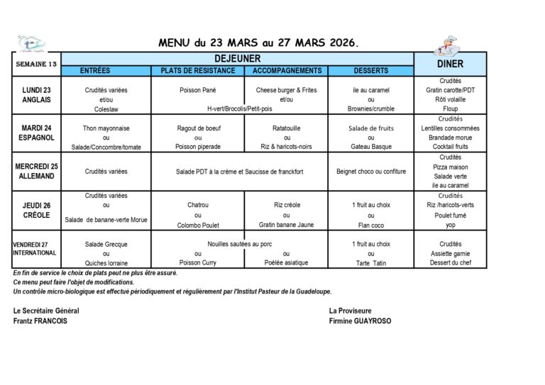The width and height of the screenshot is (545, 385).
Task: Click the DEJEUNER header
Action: pos(238,59)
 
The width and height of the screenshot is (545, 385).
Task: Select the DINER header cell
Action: pos(451,64)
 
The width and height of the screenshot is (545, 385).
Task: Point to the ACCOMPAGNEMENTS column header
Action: pos(287,71)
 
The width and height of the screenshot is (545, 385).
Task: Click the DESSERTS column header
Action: pos(370,71)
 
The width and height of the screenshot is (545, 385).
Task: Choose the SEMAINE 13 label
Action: pos(36,64)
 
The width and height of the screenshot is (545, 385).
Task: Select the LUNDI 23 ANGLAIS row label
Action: pos(36,95)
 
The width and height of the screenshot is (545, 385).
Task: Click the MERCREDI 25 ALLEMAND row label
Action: pos(36,171)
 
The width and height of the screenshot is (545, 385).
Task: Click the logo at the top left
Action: pos(31,43)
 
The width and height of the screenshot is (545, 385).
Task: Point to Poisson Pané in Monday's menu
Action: pos(198,90)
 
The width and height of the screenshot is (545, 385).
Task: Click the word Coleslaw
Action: pos(106,109)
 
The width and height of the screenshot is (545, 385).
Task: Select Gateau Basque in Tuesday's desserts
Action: pos(370,147)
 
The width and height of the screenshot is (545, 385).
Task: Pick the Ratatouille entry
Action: pos(287,128)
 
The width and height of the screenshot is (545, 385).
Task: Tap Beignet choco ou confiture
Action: pos(370,172)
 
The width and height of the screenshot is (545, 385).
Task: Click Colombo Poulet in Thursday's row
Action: pos(198,225)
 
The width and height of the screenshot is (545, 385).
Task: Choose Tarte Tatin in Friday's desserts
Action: pos(370,263)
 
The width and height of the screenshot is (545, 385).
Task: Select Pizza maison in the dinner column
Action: pos(451,167)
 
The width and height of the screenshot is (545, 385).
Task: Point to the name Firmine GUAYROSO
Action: pos(360,320)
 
